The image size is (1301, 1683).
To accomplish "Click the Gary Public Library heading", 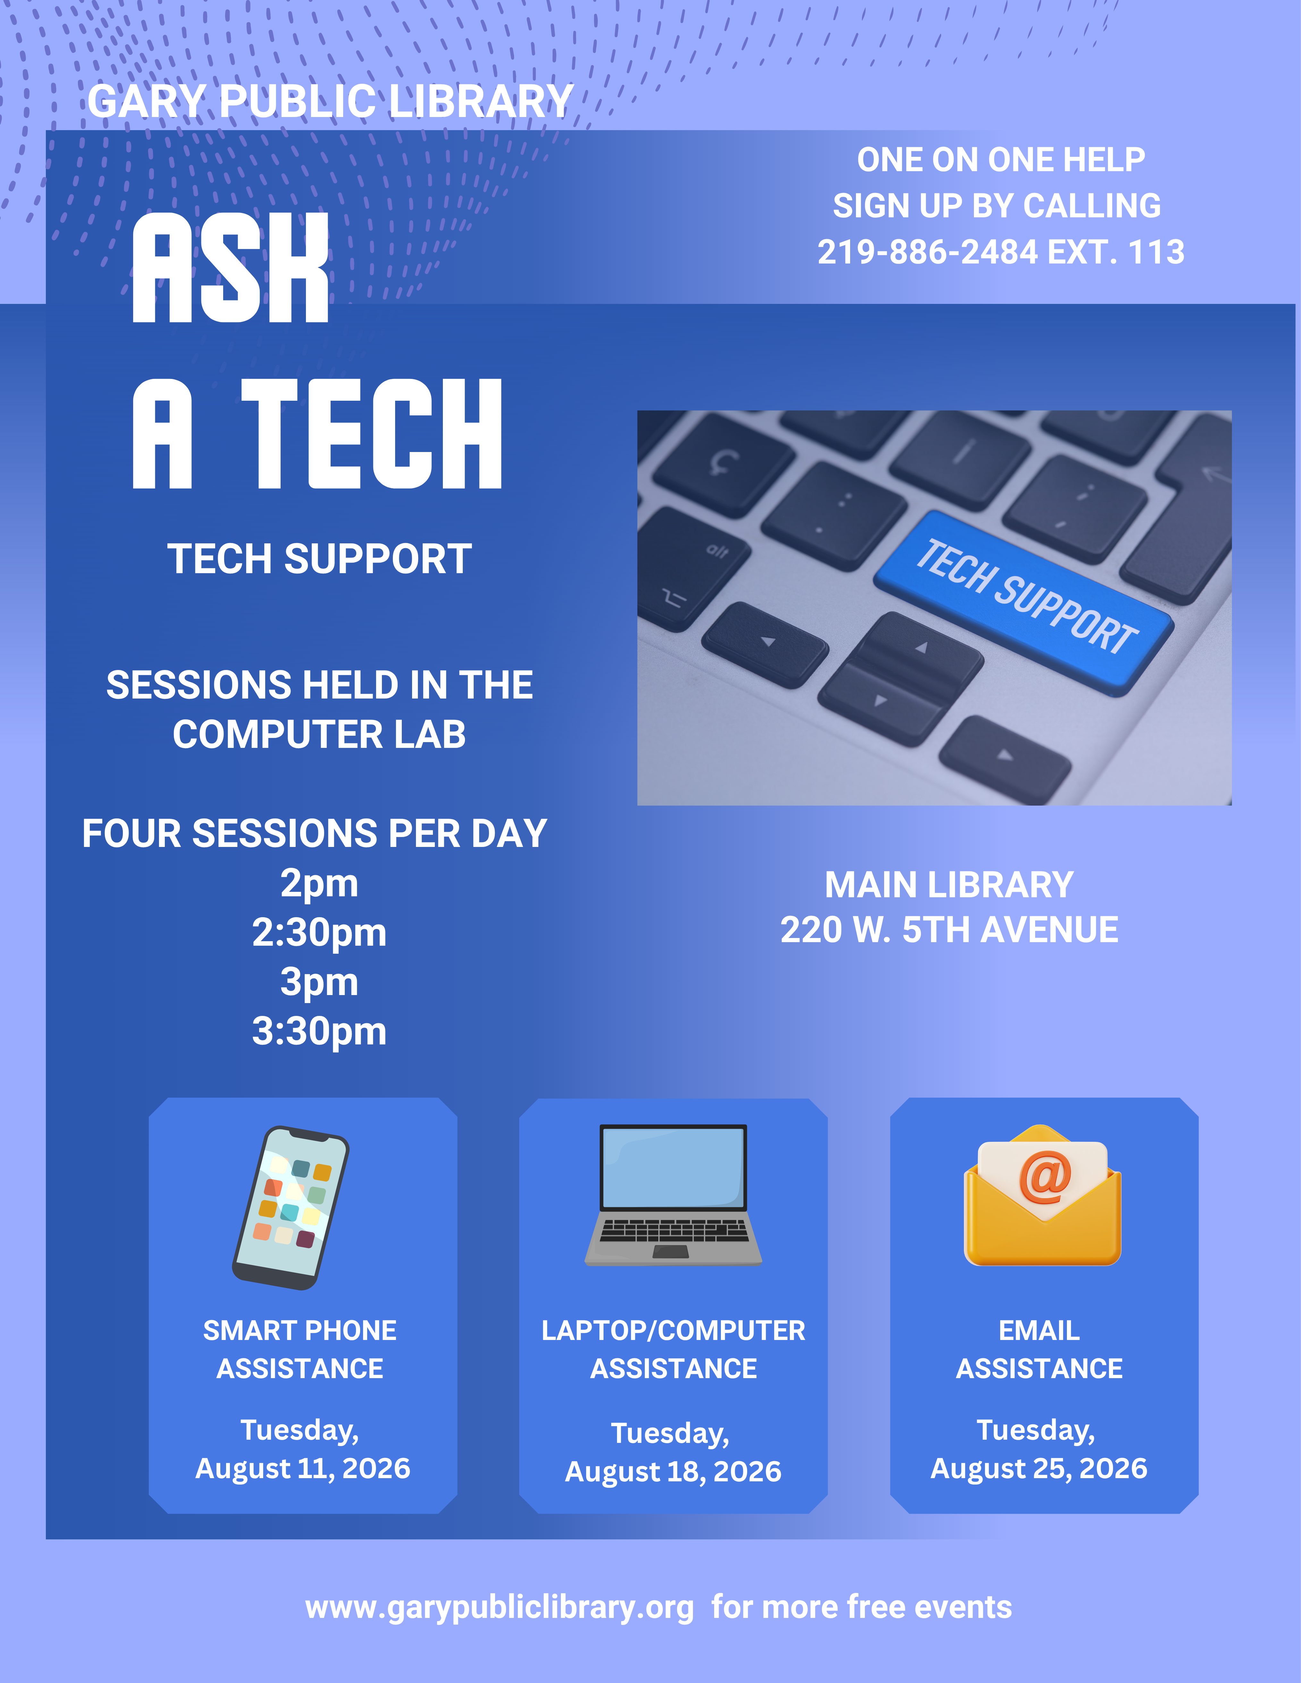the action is [x=330, y=101].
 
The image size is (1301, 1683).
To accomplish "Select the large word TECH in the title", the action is [x=372, y=434].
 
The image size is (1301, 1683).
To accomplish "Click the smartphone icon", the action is [x=291, y=1208].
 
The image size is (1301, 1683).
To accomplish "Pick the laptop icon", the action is [x=673, y=1195].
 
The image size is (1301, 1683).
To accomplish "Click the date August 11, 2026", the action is [x=303, y=1469].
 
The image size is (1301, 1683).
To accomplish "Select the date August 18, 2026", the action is [x=673, y=1472].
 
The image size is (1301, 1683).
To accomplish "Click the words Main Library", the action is [x=949, y=885].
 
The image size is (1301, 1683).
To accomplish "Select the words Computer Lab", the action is [x=319, y=734].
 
